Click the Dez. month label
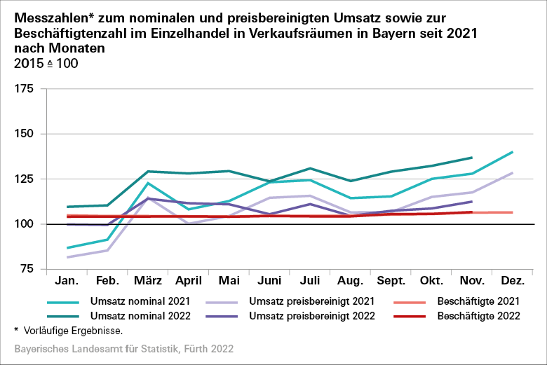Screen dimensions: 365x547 point(513,281)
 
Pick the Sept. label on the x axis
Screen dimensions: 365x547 point(391,281)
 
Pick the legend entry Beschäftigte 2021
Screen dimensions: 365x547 point(477,301)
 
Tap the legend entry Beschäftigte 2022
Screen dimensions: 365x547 point(477,315)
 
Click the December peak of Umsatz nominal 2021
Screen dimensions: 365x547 point(513,152)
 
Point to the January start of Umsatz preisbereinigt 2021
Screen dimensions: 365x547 point(67,257)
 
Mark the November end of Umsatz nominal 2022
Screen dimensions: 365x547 point(472,158)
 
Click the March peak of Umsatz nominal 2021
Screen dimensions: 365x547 point(148,183)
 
